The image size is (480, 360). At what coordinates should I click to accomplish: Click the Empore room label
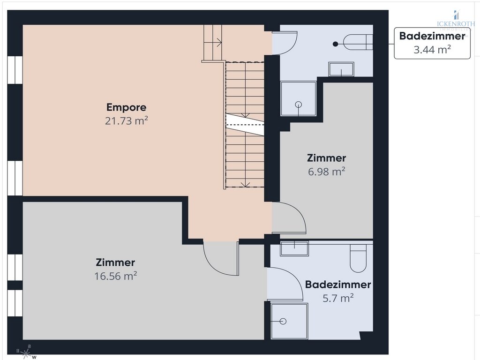click(x=126, y=107)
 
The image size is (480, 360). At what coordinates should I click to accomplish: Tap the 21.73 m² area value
click(x=127, y=121)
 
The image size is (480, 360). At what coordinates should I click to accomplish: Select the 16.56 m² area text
click(x=115, y=276)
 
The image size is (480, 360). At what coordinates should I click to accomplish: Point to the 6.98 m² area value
click(x=326, y=172)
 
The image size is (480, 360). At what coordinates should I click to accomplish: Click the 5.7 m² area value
click(x=337, y=298)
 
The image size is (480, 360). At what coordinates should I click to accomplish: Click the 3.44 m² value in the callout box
click(x=432, y=49)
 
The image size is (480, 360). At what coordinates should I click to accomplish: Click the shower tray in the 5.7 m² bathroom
click(x=289, y=321)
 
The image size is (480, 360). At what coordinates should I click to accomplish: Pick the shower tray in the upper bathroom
click(x=298, y=98)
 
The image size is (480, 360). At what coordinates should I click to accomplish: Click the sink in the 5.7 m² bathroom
click(x=294, y=247)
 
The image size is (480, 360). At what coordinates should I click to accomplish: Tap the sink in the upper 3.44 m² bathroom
click(x=341, y=69)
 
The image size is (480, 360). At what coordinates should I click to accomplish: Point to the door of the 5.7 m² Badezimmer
click(x=286, y=284)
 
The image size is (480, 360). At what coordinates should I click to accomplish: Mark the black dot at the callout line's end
click(x=335, y=44)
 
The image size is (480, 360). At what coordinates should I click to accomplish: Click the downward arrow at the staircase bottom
click(x=243, y=183)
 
